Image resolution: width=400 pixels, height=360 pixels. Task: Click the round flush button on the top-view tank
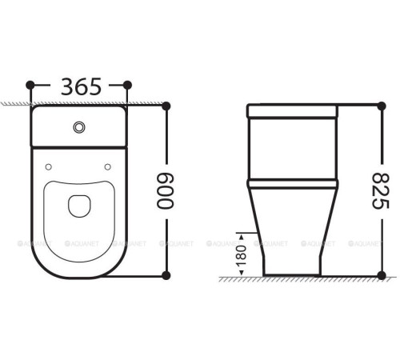[x=78, y=126]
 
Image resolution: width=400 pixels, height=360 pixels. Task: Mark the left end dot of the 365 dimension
[x=30, y=85]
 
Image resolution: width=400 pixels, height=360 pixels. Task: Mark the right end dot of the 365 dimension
[x=126, y=85]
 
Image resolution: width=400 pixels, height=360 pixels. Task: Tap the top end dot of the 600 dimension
[x=166, y=106]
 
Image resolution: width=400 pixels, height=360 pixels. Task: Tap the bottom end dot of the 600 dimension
[x=166, y=275]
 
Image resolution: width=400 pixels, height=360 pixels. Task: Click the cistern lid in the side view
[x=294, y=110]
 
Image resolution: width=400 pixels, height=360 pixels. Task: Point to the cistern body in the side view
[x=294, y=148]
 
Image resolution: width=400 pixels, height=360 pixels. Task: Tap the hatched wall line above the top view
[x=16, y=104]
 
